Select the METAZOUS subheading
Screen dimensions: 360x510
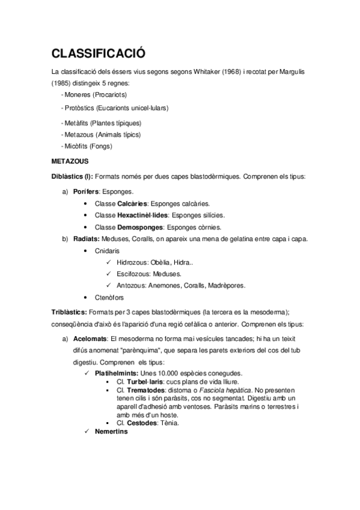pos(70,161)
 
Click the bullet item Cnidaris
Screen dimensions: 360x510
pos(108,250)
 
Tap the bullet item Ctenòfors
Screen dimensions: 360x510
pos(109,298)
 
